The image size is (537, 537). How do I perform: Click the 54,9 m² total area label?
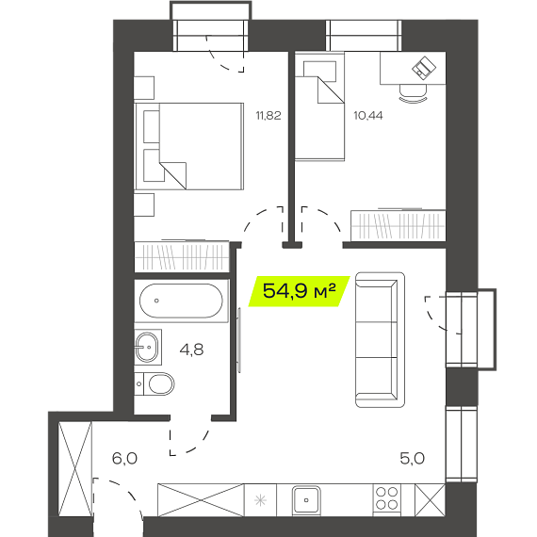click(299, 291)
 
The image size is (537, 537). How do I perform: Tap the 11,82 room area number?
click(268, 116)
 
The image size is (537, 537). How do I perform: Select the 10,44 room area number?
click(368, 116)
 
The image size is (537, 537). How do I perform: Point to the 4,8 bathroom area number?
click(191, 350)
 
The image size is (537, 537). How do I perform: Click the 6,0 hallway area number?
click(124, 458)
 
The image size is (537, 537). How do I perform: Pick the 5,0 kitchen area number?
click(413, 458)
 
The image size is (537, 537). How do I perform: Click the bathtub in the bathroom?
click(181, 301)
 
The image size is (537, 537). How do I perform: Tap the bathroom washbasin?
click(148, 347)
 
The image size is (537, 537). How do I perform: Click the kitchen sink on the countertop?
click(306, 500)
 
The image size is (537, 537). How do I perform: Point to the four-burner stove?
click(386, 498)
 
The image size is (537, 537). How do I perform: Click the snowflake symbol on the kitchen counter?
click(260, 500)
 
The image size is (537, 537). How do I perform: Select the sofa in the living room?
click(380, 340)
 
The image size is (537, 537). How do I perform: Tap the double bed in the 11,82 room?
click(189, 146)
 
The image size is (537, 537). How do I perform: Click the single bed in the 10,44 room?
click(319, 106)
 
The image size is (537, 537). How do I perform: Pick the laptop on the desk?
click(424, 68)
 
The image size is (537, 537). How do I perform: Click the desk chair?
click(413, 93)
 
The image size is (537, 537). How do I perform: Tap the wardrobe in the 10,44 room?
click(398, 225)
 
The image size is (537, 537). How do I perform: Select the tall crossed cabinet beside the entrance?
click(75, 468)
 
